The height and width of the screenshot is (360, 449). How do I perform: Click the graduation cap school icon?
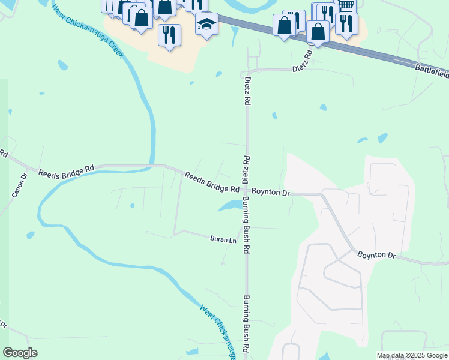pyautogui.click(x=206, y=24)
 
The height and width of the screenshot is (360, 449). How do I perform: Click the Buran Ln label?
pyautogui.click(x=223, y=239)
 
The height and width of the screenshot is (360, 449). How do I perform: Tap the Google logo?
pyautogui.click(x=20, y=353)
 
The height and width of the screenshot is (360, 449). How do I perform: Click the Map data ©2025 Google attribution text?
pyautogui.click(x=412, y=355)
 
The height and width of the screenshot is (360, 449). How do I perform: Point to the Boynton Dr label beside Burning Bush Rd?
pyautogui.click(x=271, y=192)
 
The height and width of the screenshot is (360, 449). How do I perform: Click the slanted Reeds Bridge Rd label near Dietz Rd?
pyautogui.click(x=212, y=182)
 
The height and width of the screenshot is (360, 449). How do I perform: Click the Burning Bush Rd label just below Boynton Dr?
pyautogui.click(x=246, y=226)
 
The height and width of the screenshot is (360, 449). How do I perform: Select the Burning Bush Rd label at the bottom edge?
pyautogui.click(x=246, y=324)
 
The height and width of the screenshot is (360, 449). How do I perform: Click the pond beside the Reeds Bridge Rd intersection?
pyautogui.click(x=229, y=206)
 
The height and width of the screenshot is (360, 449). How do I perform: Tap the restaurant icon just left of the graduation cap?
pyautogui.click(x=169, y=34)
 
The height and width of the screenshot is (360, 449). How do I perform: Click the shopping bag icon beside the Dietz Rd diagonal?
pyautogui.click(x=318, y=31)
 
